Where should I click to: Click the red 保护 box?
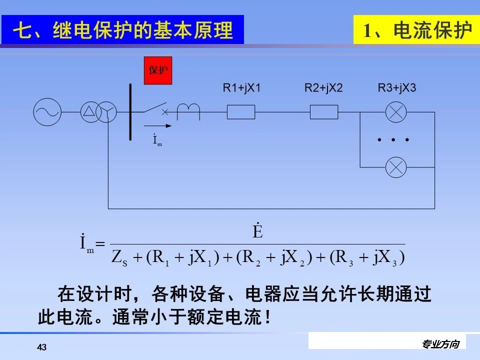coord(157,70)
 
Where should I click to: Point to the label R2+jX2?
coord(324,88)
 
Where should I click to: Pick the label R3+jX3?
coord(397,88)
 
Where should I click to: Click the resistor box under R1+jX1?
coord(241,112)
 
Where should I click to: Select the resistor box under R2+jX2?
coord(324,112)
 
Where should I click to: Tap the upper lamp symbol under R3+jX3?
coord(396,112)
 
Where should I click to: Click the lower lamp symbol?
coord(396,166)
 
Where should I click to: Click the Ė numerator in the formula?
coord(257,232)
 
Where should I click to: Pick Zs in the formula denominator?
coord(118,258)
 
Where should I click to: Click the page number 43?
coord(42,347)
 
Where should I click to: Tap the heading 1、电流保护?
coord(416,30)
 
